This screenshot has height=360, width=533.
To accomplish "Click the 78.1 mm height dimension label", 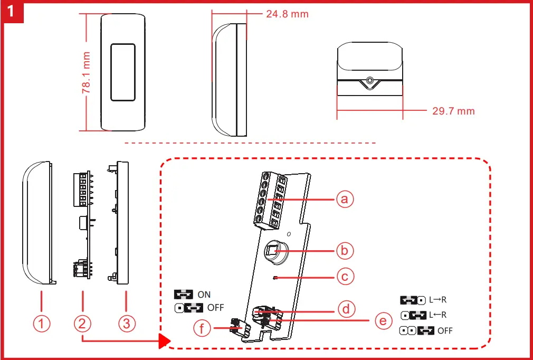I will click(86, 73).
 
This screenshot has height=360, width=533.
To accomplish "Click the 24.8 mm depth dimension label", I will click(287, 14).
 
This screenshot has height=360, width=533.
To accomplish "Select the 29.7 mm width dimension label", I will click(453, 111).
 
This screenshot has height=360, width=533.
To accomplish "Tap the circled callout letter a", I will click(345, 199).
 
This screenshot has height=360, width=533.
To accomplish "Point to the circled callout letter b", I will click(345, 250).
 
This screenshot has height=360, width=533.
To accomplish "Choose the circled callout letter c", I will click(345, 276).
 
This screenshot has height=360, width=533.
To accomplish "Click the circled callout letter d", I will click(346, 309).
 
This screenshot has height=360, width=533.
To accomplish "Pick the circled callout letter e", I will click(383, 320).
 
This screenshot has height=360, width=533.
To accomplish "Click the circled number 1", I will click(42, 324).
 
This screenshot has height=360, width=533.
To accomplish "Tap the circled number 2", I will click(83, 324).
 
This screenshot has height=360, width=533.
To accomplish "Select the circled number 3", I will click(125, 324).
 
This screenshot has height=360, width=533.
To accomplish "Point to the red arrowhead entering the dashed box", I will click(163, 342).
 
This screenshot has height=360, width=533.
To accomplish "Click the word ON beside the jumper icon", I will click(204, 295).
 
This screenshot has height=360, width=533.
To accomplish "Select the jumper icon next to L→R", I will click(413, 300).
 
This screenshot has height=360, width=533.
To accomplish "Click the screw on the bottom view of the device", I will click(370, 81).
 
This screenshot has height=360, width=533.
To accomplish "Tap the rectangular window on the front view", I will click(122, 72).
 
